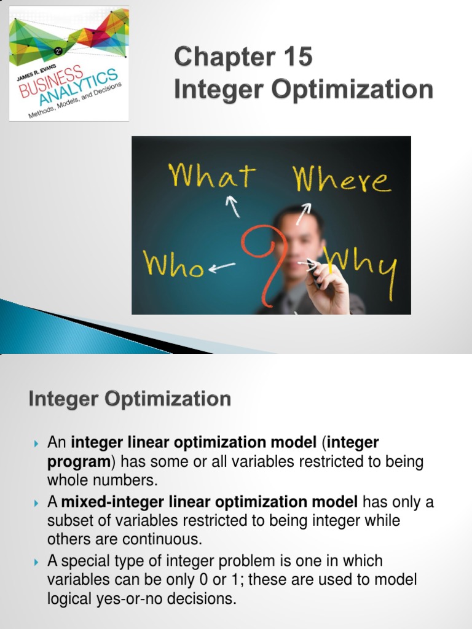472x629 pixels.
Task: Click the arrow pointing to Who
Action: (222, 267)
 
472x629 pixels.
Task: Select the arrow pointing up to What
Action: (233, 206)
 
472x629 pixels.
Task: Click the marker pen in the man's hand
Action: (313, 274)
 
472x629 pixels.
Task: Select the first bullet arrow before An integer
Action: (36, 443)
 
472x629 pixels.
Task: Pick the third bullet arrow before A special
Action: (36, 561)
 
